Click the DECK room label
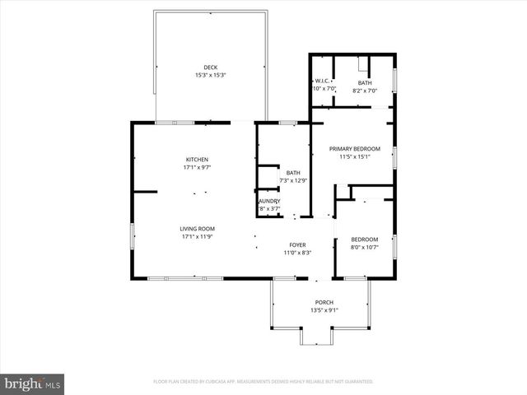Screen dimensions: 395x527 [x=211, y=67]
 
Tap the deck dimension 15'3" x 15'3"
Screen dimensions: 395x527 [x=211, y=75]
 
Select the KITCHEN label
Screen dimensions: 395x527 [x=197, y=159]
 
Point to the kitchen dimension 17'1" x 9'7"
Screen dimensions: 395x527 [x=197, y=167]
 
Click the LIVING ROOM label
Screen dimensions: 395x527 [x=198, y=229]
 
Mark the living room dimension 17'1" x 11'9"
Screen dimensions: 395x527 [x=198, y=237]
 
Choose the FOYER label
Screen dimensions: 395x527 [x=297, y=244]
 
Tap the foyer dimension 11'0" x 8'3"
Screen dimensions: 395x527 [x=297, y=253]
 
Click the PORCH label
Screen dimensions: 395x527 [x=324, y=302]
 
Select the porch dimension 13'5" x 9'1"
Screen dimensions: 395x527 [x=324, y=310]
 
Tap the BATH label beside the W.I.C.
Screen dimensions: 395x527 [x=364, y=82]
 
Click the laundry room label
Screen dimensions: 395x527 [x=269, y=201]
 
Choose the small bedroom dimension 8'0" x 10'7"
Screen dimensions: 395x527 [x=364, y=247]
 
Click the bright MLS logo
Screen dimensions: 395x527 [x=33, y=383]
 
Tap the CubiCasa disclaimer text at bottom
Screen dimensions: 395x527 [x=263, y=382]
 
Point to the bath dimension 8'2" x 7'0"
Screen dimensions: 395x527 [x=364, y=90]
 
